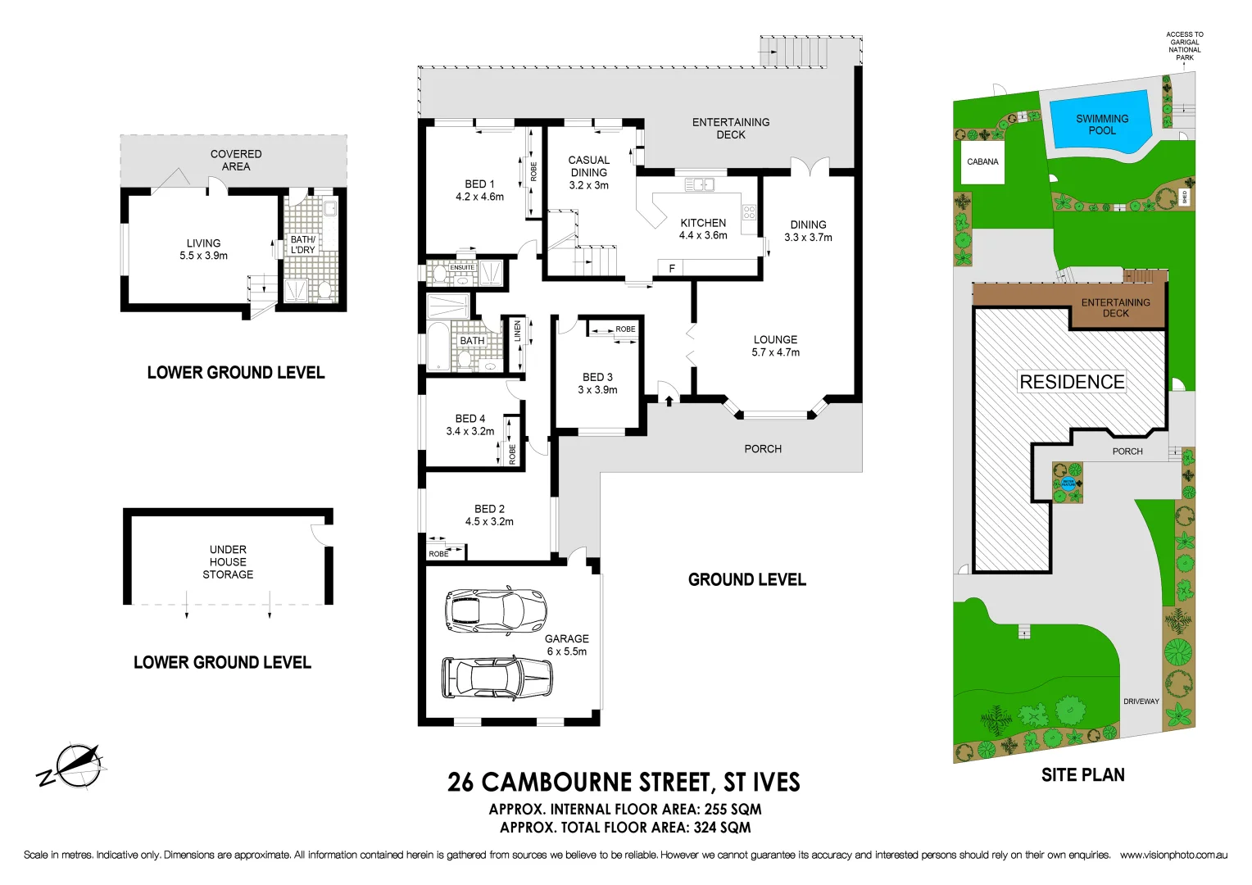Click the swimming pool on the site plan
click(1100, 125)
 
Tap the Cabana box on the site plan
click(982, 162)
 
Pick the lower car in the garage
click(497, 678)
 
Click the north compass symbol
click(74, 766)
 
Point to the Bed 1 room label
click(479, 190)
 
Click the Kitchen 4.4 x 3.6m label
click(703, 229)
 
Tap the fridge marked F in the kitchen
click(672, 268)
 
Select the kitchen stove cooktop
click(749, 213)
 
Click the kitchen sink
click(699, 185)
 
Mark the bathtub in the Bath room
click(438, 347)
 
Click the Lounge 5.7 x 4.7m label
click(775, 346)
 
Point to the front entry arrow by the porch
click(669, 400)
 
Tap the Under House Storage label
click(228, 562)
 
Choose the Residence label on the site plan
click(1072, 382)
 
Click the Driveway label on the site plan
click(1141, 701)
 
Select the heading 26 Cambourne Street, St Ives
click(624, 783)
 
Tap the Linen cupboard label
click(518, 332)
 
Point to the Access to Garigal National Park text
click(1185, 46)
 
